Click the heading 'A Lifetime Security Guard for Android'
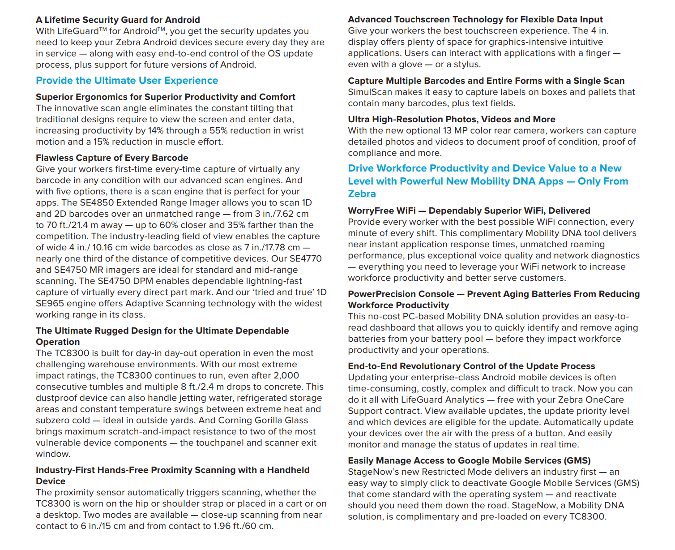point(118,20)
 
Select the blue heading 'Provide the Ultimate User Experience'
point(127,81)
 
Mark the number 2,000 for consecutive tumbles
point(286,376)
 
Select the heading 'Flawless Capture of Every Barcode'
point(112,158)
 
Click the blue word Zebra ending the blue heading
point(362,194)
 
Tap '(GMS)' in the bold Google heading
point(577,461)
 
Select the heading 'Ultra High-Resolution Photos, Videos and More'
point(452,120)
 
